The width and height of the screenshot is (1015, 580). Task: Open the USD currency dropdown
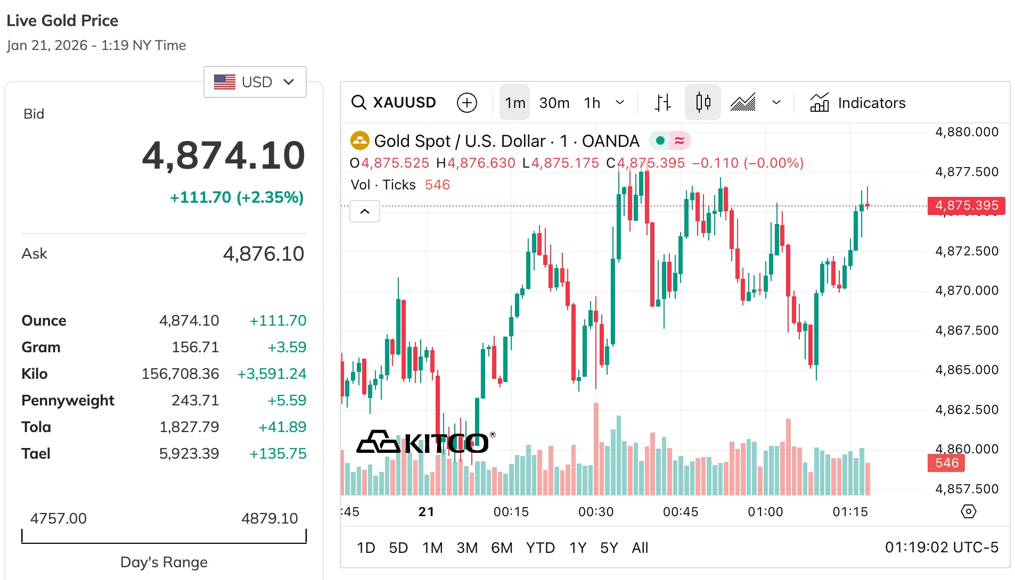point(255,82)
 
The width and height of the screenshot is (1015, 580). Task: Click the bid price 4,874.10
point(224,156)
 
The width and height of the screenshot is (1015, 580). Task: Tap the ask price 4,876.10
point(264,254)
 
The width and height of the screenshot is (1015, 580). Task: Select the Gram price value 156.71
point(195,347)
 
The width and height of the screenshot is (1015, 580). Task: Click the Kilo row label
point(35,374)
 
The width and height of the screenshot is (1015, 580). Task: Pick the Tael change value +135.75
point(278,454)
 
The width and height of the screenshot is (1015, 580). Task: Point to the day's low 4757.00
point(58,518)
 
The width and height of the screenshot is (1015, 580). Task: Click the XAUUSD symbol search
point(394,103)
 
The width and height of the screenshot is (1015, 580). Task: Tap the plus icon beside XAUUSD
point(467,103)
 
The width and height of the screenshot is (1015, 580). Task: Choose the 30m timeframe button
point(554,103)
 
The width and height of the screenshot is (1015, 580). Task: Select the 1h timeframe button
point(592,103)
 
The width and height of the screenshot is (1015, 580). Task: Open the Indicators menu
point(858,103)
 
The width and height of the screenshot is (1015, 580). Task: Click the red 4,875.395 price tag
point(966,205)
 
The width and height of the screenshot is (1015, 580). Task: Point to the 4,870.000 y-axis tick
point(967,291)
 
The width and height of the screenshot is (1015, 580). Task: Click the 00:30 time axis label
point(596,512)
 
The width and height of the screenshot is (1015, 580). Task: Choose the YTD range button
point(540,548)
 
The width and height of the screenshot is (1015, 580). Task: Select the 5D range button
point(398,548)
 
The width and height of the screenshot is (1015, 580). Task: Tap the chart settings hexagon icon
point(968,512)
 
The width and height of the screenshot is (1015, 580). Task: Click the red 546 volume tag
point(946,463)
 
